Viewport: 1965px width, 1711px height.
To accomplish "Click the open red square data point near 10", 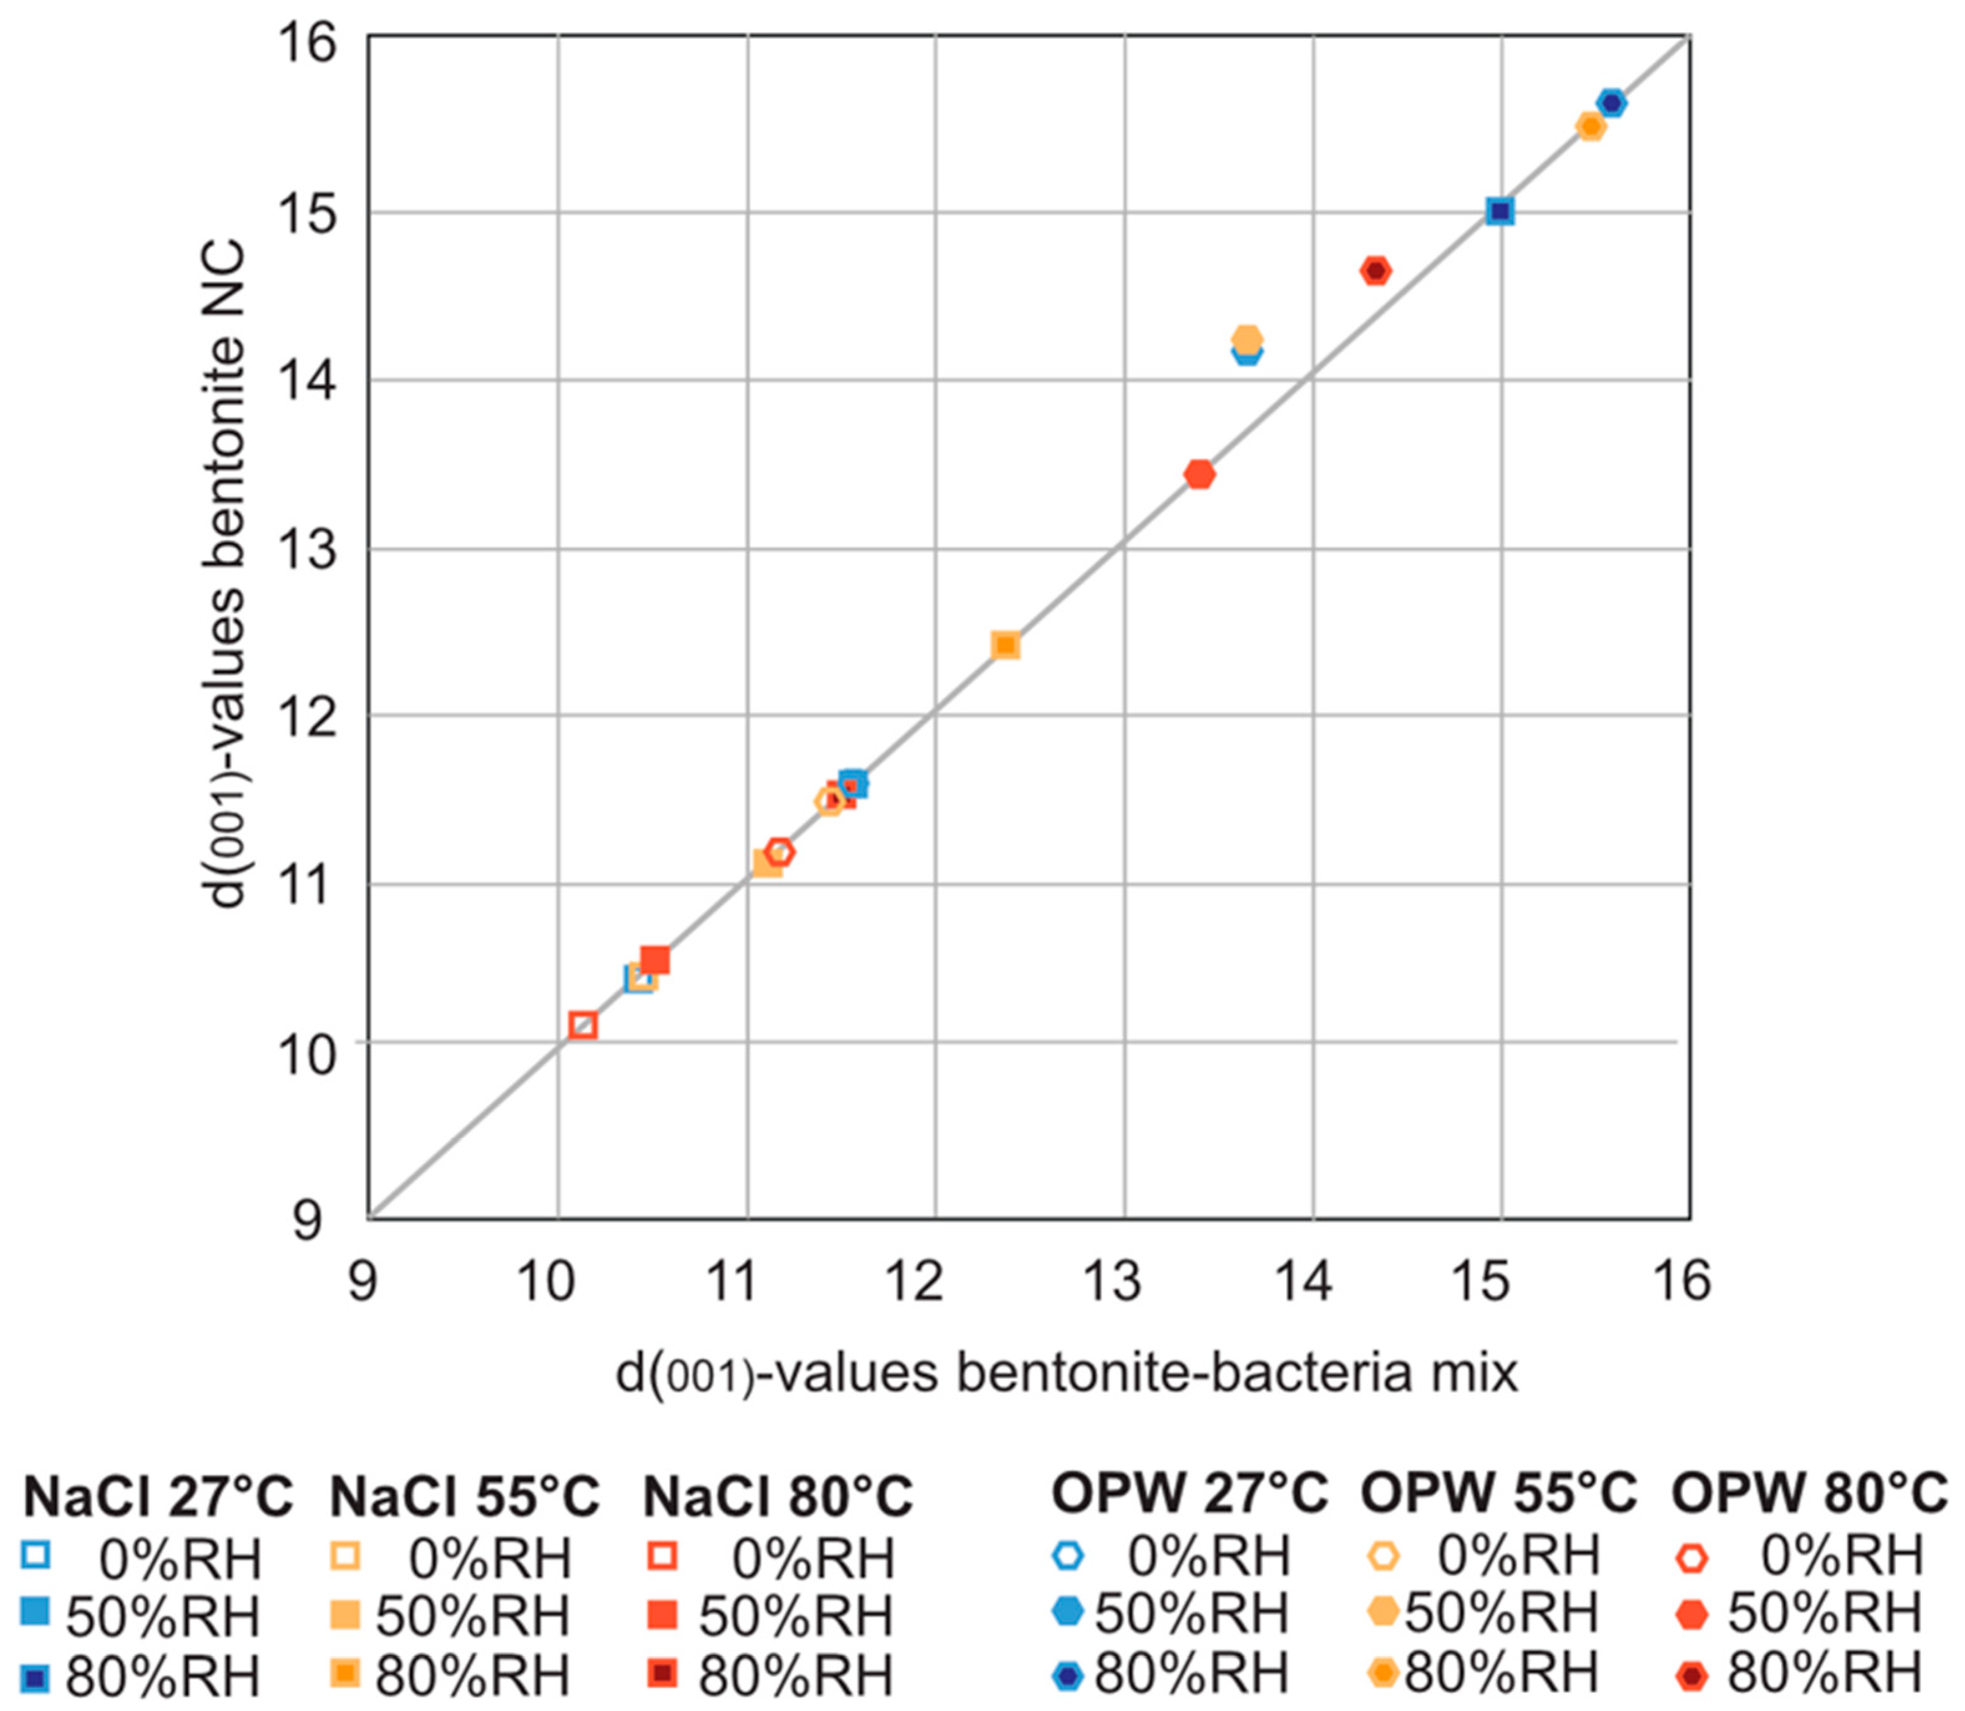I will pos(583,1026).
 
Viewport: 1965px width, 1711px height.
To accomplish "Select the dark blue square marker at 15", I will pos(1500,211).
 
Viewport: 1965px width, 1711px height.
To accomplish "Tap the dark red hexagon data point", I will pos(1375,271).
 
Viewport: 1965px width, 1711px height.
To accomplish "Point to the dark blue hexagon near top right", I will pos(1612,103).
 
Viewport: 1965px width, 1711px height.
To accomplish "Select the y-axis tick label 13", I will pos(307,550).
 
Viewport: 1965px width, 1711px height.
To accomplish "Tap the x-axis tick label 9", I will pos(362,1281).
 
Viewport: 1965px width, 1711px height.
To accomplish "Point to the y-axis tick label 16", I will pos(307,43).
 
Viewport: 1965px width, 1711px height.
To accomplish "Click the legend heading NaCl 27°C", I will pos(158,1496).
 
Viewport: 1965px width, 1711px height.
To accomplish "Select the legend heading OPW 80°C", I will pos(1809,1492).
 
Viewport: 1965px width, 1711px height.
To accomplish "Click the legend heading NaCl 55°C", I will pos(465,1496).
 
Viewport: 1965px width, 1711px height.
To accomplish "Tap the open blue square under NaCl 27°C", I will pos(36,1557).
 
